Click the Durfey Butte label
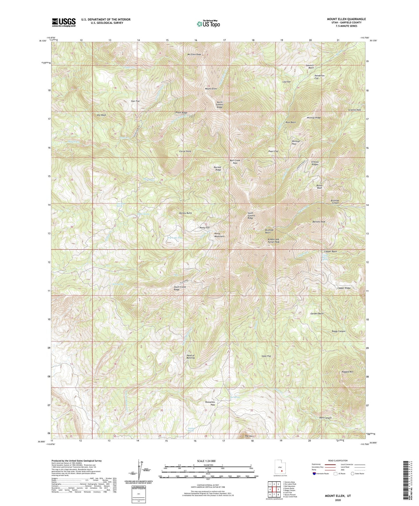pos(186,213)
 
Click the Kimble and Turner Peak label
pos(273,241)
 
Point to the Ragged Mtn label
pos(347,372)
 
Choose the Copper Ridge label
pos(344,288)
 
